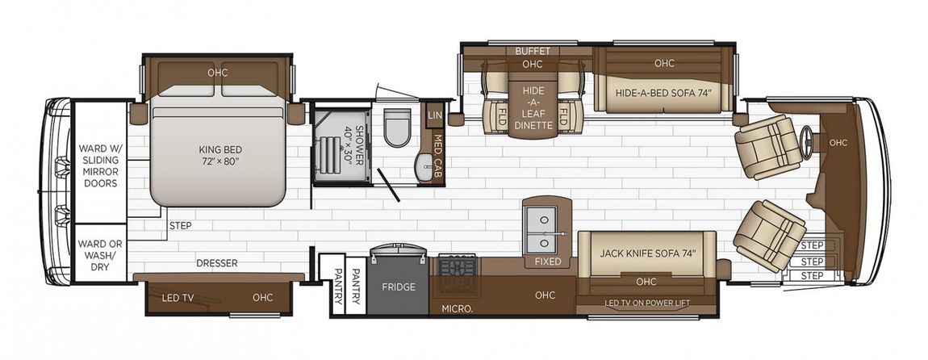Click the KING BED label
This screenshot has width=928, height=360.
220,155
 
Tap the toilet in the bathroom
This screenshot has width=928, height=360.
396,127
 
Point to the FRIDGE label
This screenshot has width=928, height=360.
399,287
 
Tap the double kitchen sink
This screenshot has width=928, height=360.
543,228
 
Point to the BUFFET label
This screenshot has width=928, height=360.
533,51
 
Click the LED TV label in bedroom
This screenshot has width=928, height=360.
178,297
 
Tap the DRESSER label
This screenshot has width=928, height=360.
217,263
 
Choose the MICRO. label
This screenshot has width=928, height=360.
457,308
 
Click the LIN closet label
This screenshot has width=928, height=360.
434,115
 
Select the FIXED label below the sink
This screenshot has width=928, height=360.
548,261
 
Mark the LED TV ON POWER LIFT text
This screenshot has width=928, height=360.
647,303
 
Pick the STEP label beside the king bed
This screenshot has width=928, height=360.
180,225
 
